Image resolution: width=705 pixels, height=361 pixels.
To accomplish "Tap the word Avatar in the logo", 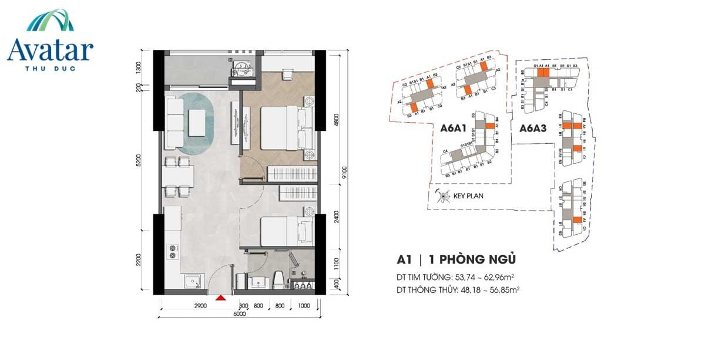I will click(x=50, y=50).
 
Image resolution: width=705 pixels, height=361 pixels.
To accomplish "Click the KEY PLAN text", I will click(x=468, y=196).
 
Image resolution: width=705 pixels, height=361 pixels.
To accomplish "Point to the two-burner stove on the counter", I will click(x=173, y=251).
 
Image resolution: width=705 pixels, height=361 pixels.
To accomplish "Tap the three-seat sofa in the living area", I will click(x=174, y=122).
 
